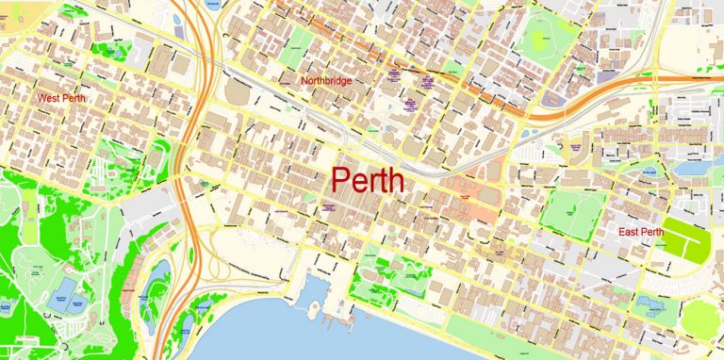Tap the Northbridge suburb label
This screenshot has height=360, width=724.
coord(326,81)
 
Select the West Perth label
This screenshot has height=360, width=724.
coord(61,97)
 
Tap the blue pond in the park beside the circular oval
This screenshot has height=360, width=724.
coord(651,304)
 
